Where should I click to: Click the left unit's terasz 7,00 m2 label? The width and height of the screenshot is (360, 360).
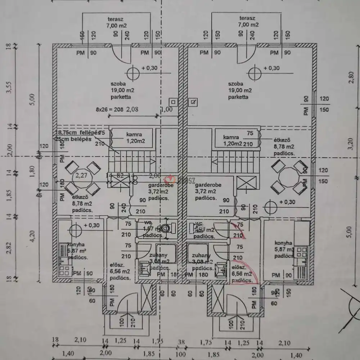pyautogui.click(x=116, y=22)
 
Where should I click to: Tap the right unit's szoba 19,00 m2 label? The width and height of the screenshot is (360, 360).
pyautogui.click(x=240, y=90)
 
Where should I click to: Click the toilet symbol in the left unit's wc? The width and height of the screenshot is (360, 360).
pyautogui.click(x=166, y=228)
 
